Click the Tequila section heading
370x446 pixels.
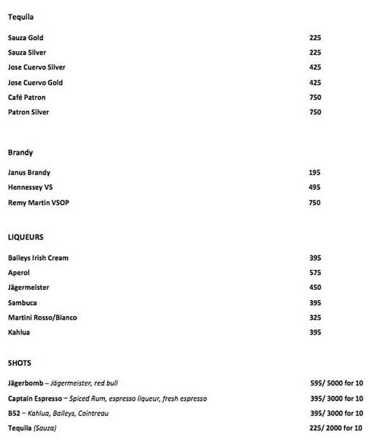tap(20, 17)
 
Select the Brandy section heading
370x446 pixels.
tap(20, 153)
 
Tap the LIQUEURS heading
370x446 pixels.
tap(25, 237)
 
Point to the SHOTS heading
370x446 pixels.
tap(19, 363)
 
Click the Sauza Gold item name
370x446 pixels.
tap(25, 38)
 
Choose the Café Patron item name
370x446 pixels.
tap(27, 97)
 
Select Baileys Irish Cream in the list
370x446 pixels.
tap(38, 257)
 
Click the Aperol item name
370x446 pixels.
tap(18, 273)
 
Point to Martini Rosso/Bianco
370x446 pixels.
tap(43, 317)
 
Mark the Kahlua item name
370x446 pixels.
tap(18, 332)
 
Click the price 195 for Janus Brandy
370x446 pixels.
tap(315, 173)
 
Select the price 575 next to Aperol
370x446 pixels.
tap(315, 273)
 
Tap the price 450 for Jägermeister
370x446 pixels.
tap(315, 287)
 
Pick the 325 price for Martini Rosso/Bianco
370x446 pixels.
tap(315, 317)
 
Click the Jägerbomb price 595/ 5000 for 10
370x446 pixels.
tap(336, 383)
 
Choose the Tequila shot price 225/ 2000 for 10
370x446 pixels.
tap(336, 428)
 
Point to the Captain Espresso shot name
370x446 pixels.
tap(36, 398)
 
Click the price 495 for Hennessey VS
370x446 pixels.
tap(315, 187)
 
